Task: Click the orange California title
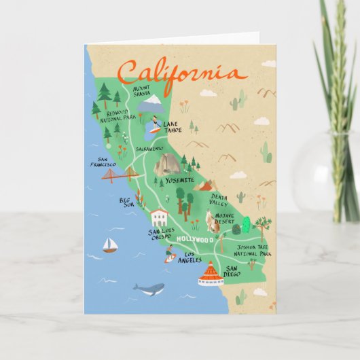(179, 71)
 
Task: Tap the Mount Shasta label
(142, 91)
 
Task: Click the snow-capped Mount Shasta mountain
(151, 104)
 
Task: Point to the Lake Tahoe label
(173, 127)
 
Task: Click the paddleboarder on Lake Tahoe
(156, 124)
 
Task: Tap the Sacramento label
(149, 148)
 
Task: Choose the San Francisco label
(103, 163)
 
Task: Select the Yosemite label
(179, 180)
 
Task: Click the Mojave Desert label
(225, 218)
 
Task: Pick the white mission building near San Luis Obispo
(160, 217)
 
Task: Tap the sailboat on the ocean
(109, 245)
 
